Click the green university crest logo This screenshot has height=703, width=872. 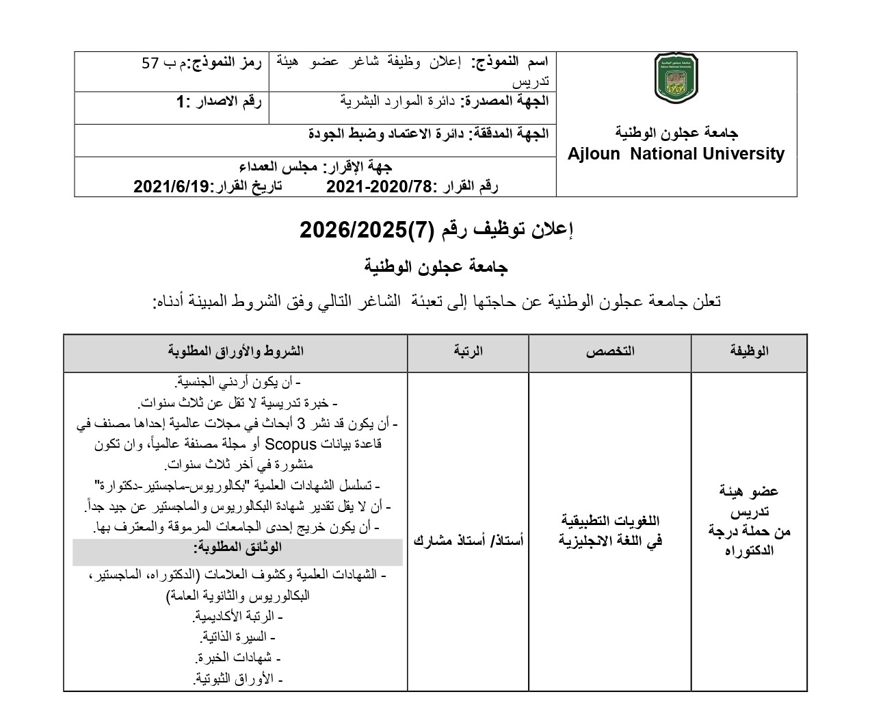(x=676, y=79)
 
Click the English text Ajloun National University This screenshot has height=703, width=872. (x=676, y=154)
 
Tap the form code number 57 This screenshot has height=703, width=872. (x=150, y=64)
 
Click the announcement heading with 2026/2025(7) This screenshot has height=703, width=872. (x=436, y=230)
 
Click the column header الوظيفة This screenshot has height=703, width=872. (x=749, y=351)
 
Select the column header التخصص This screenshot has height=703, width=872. (x=610, y=351)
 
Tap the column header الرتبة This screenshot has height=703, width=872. (x=468, y=351)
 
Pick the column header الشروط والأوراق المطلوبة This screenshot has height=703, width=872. (x=236, y=351)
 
